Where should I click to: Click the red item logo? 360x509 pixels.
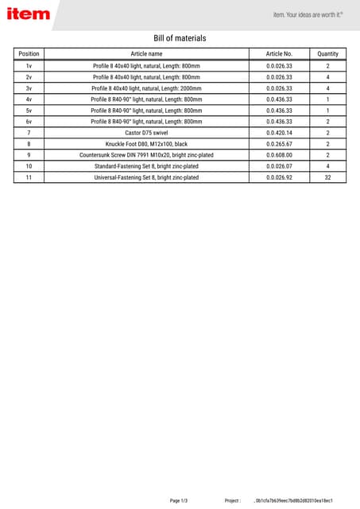point(29,14)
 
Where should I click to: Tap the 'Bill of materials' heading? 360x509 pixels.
point(180,38)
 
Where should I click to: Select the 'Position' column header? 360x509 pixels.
point(29,53)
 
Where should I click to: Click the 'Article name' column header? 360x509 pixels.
point(146,53)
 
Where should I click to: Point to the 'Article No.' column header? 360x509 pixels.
point(279,53)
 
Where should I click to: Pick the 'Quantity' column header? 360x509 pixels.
point(327,53)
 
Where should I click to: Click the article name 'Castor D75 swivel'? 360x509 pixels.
point(146,133)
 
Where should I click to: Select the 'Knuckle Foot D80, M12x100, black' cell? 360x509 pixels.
point(146,144)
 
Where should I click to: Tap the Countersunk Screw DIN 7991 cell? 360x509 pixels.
point(146,155)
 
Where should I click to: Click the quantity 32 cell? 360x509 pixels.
point(327,177)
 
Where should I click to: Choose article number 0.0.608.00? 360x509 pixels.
point(279,155)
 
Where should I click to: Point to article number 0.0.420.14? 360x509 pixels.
point(279,133)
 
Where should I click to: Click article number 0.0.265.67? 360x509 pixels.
point(279,144)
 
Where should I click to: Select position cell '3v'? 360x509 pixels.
point(29,88)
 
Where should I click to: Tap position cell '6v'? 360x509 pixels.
point(29,122)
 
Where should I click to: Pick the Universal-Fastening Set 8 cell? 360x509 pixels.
point(146,177)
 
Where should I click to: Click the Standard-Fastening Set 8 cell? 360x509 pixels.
point(146,166)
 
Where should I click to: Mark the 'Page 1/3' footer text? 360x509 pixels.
point(179,500)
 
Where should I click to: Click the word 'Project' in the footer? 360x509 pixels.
point(232,500)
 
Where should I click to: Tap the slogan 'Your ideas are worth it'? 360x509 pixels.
point(315,14)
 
